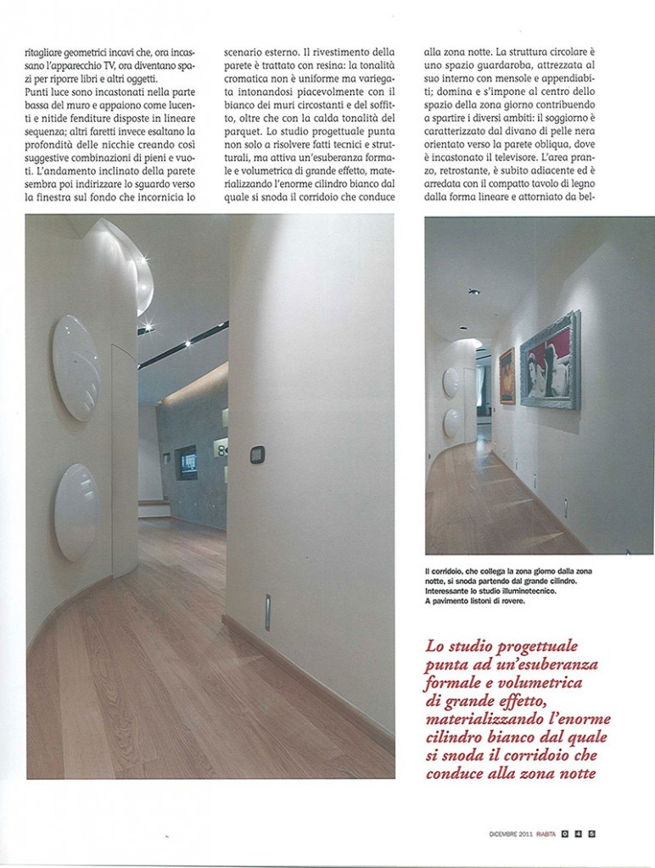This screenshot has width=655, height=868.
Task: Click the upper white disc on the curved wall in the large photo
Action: (x=76, y=367)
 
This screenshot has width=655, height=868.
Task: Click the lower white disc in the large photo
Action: (x=76, y=511)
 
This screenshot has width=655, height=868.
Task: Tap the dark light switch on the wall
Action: (x=257, y=455)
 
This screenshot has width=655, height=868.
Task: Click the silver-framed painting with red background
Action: (x=550, y=361)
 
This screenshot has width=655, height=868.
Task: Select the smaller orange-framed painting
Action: (x=507, y=376)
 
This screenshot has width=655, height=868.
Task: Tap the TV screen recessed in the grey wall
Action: (x=186, y=462)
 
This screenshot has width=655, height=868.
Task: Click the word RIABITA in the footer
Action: (x=542, y=832)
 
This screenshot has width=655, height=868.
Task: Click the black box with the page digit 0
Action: (x=564, y=832)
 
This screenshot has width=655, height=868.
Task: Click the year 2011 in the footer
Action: (x=519, y=832)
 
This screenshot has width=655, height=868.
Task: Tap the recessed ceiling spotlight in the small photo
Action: (x=473, y=292)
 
